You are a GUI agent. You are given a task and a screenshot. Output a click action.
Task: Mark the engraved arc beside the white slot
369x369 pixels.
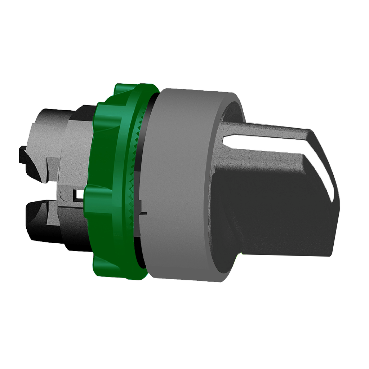tap(64, 196)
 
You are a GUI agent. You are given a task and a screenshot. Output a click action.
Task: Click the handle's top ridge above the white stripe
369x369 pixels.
tap(267, 130)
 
